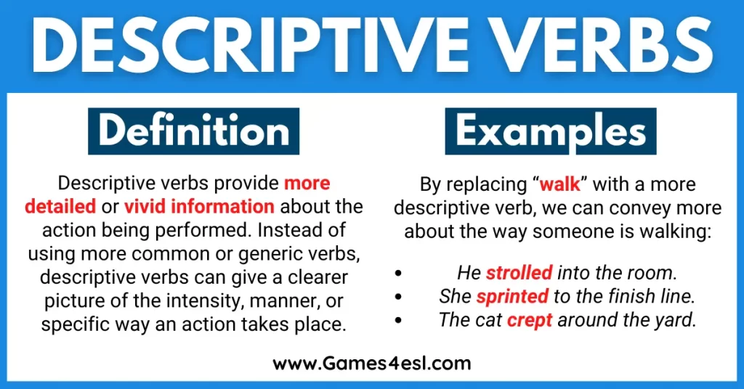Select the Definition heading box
click(x=193, y=131)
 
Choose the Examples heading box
click(x=551, y=131)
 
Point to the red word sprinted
click(x=512, y=297)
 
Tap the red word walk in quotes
click(x=560, y=184)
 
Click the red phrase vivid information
click(x=199, y=207)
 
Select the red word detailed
click(x=60, y=207)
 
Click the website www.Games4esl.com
click(x=372, y=362)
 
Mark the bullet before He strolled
click(x=397, y=274)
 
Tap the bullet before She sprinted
click(x=397, y=298)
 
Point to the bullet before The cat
click(x=397, y=321)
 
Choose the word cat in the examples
click(x=487, y=320)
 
